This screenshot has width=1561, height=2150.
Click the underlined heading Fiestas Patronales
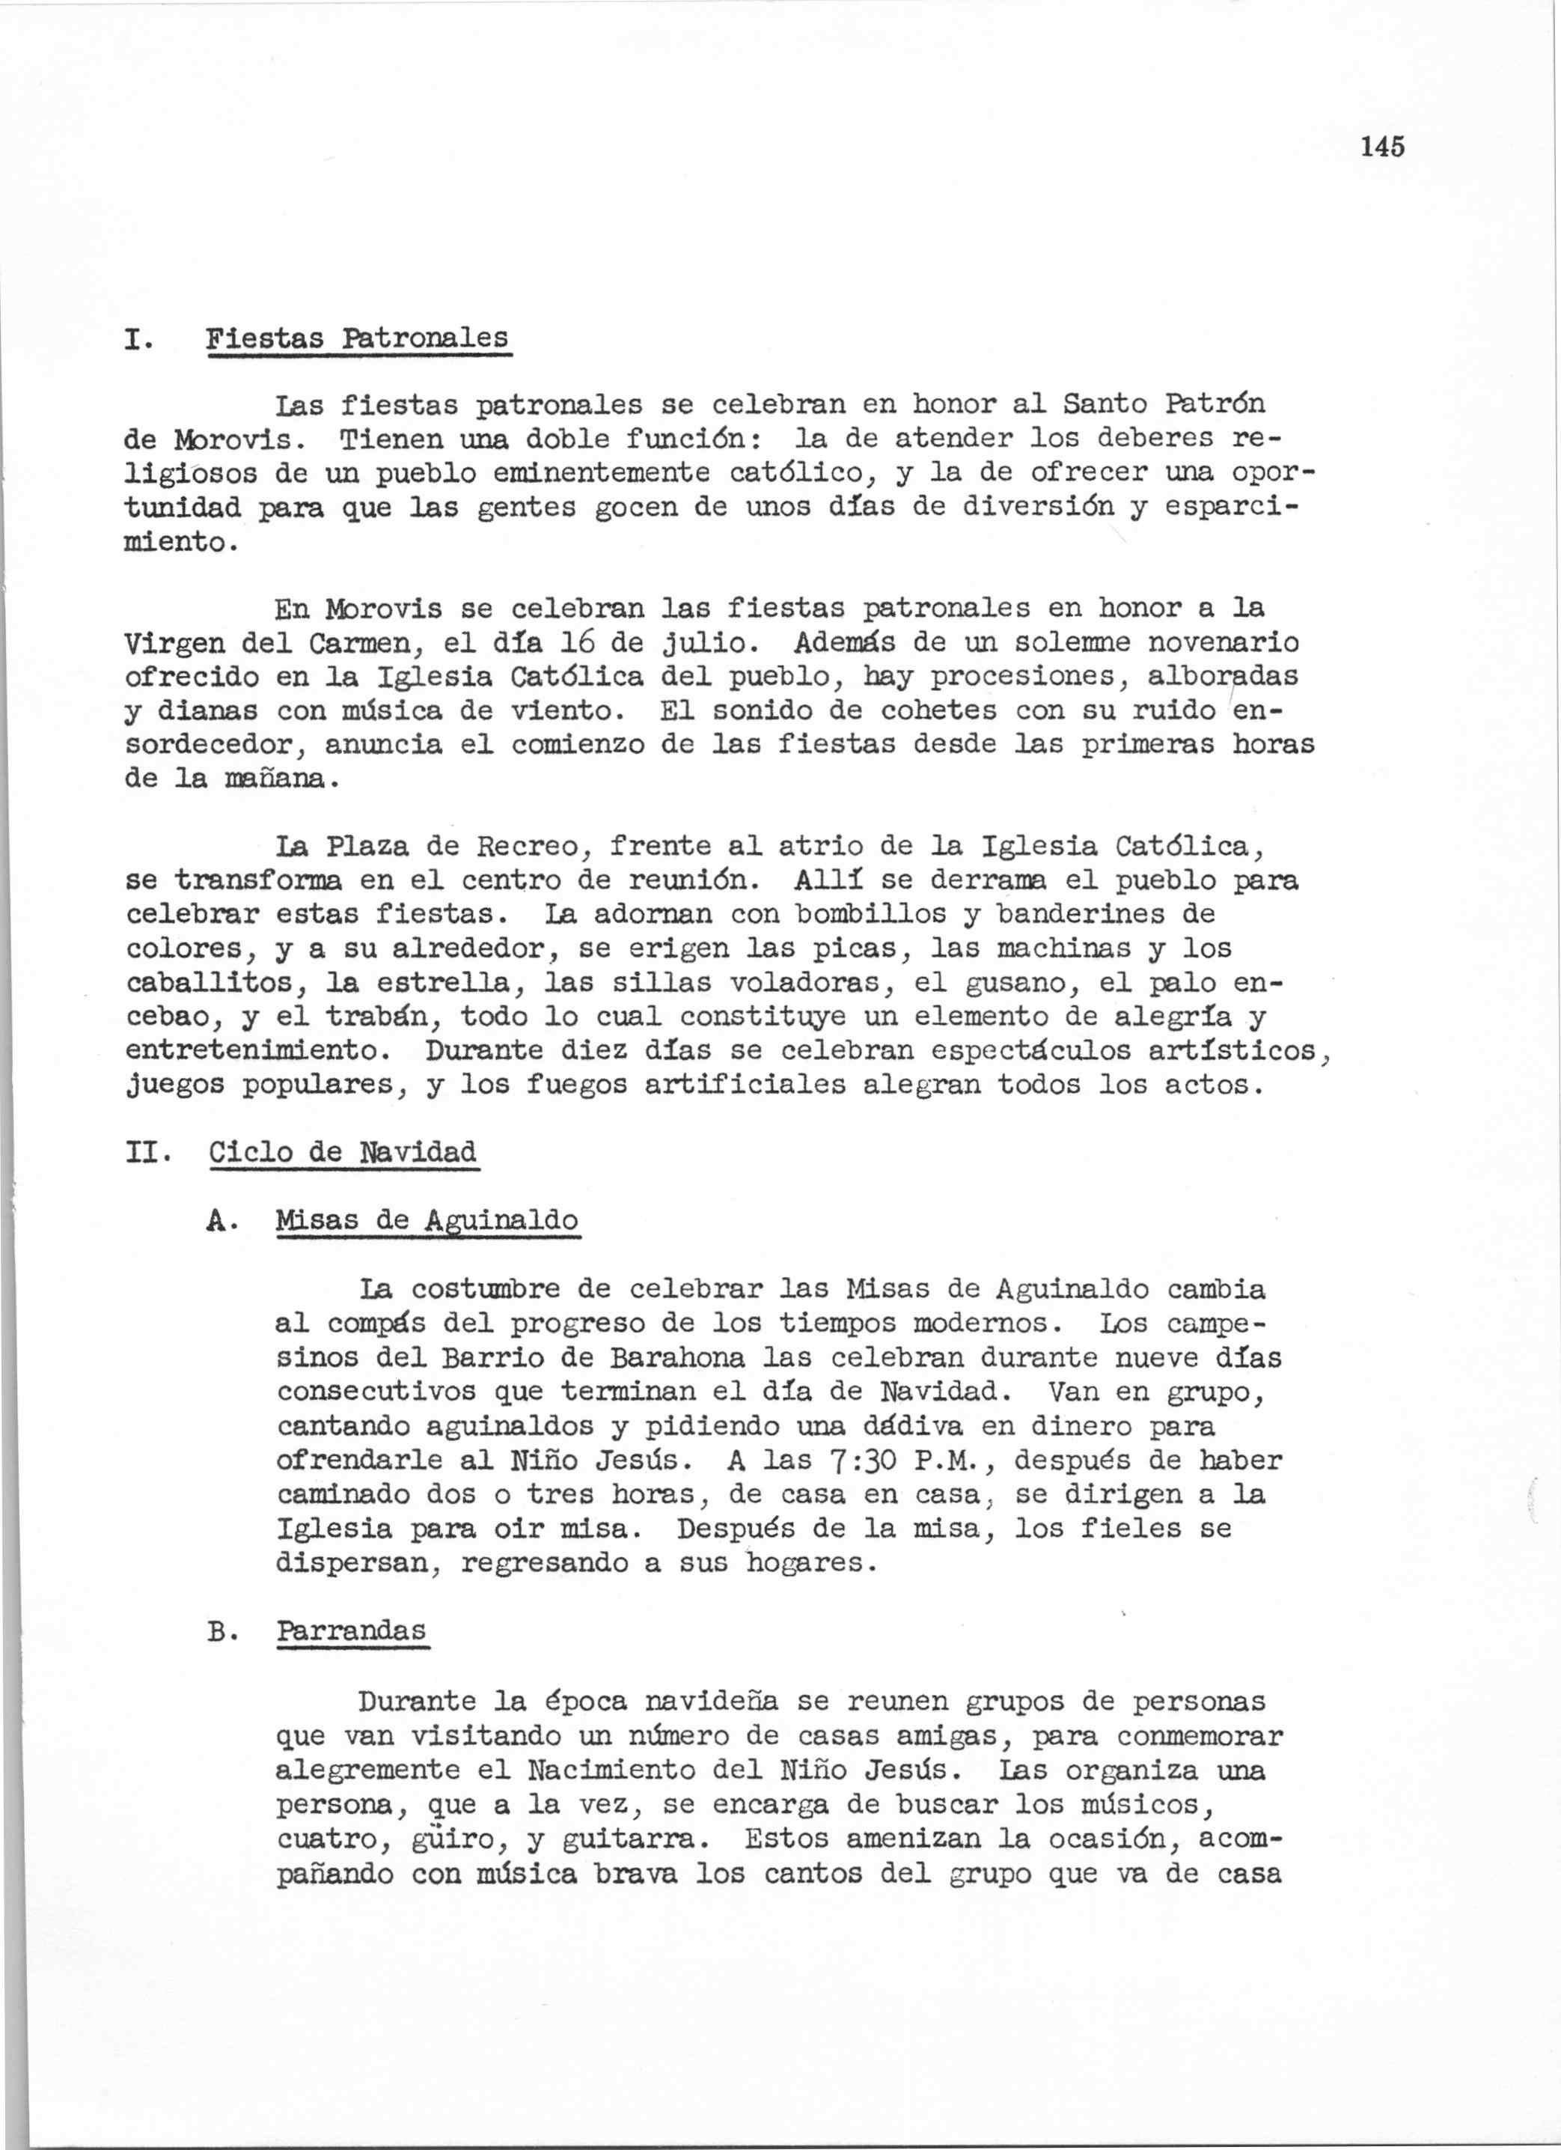point(357,338)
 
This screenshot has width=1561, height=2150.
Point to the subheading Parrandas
point(352,1630)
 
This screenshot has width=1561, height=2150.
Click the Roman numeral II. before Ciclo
point(146,1153)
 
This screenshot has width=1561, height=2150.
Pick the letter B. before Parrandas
point(220,1631)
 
